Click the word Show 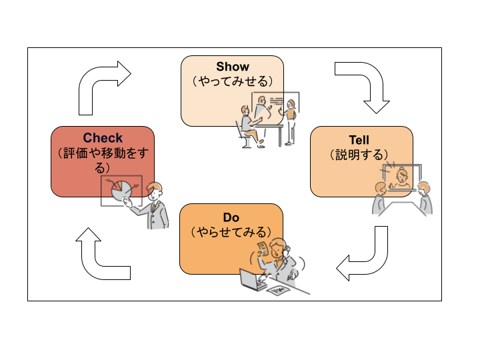(232, 67)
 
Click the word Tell (359, 140)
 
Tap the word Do (231, 217)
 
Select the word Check (103, 139)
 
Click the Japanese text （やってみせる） (232, 81)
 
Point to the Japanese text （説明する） (359, 155)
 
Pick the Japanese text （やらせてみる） (231, 232)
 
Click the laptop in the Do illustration (253, 280)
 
